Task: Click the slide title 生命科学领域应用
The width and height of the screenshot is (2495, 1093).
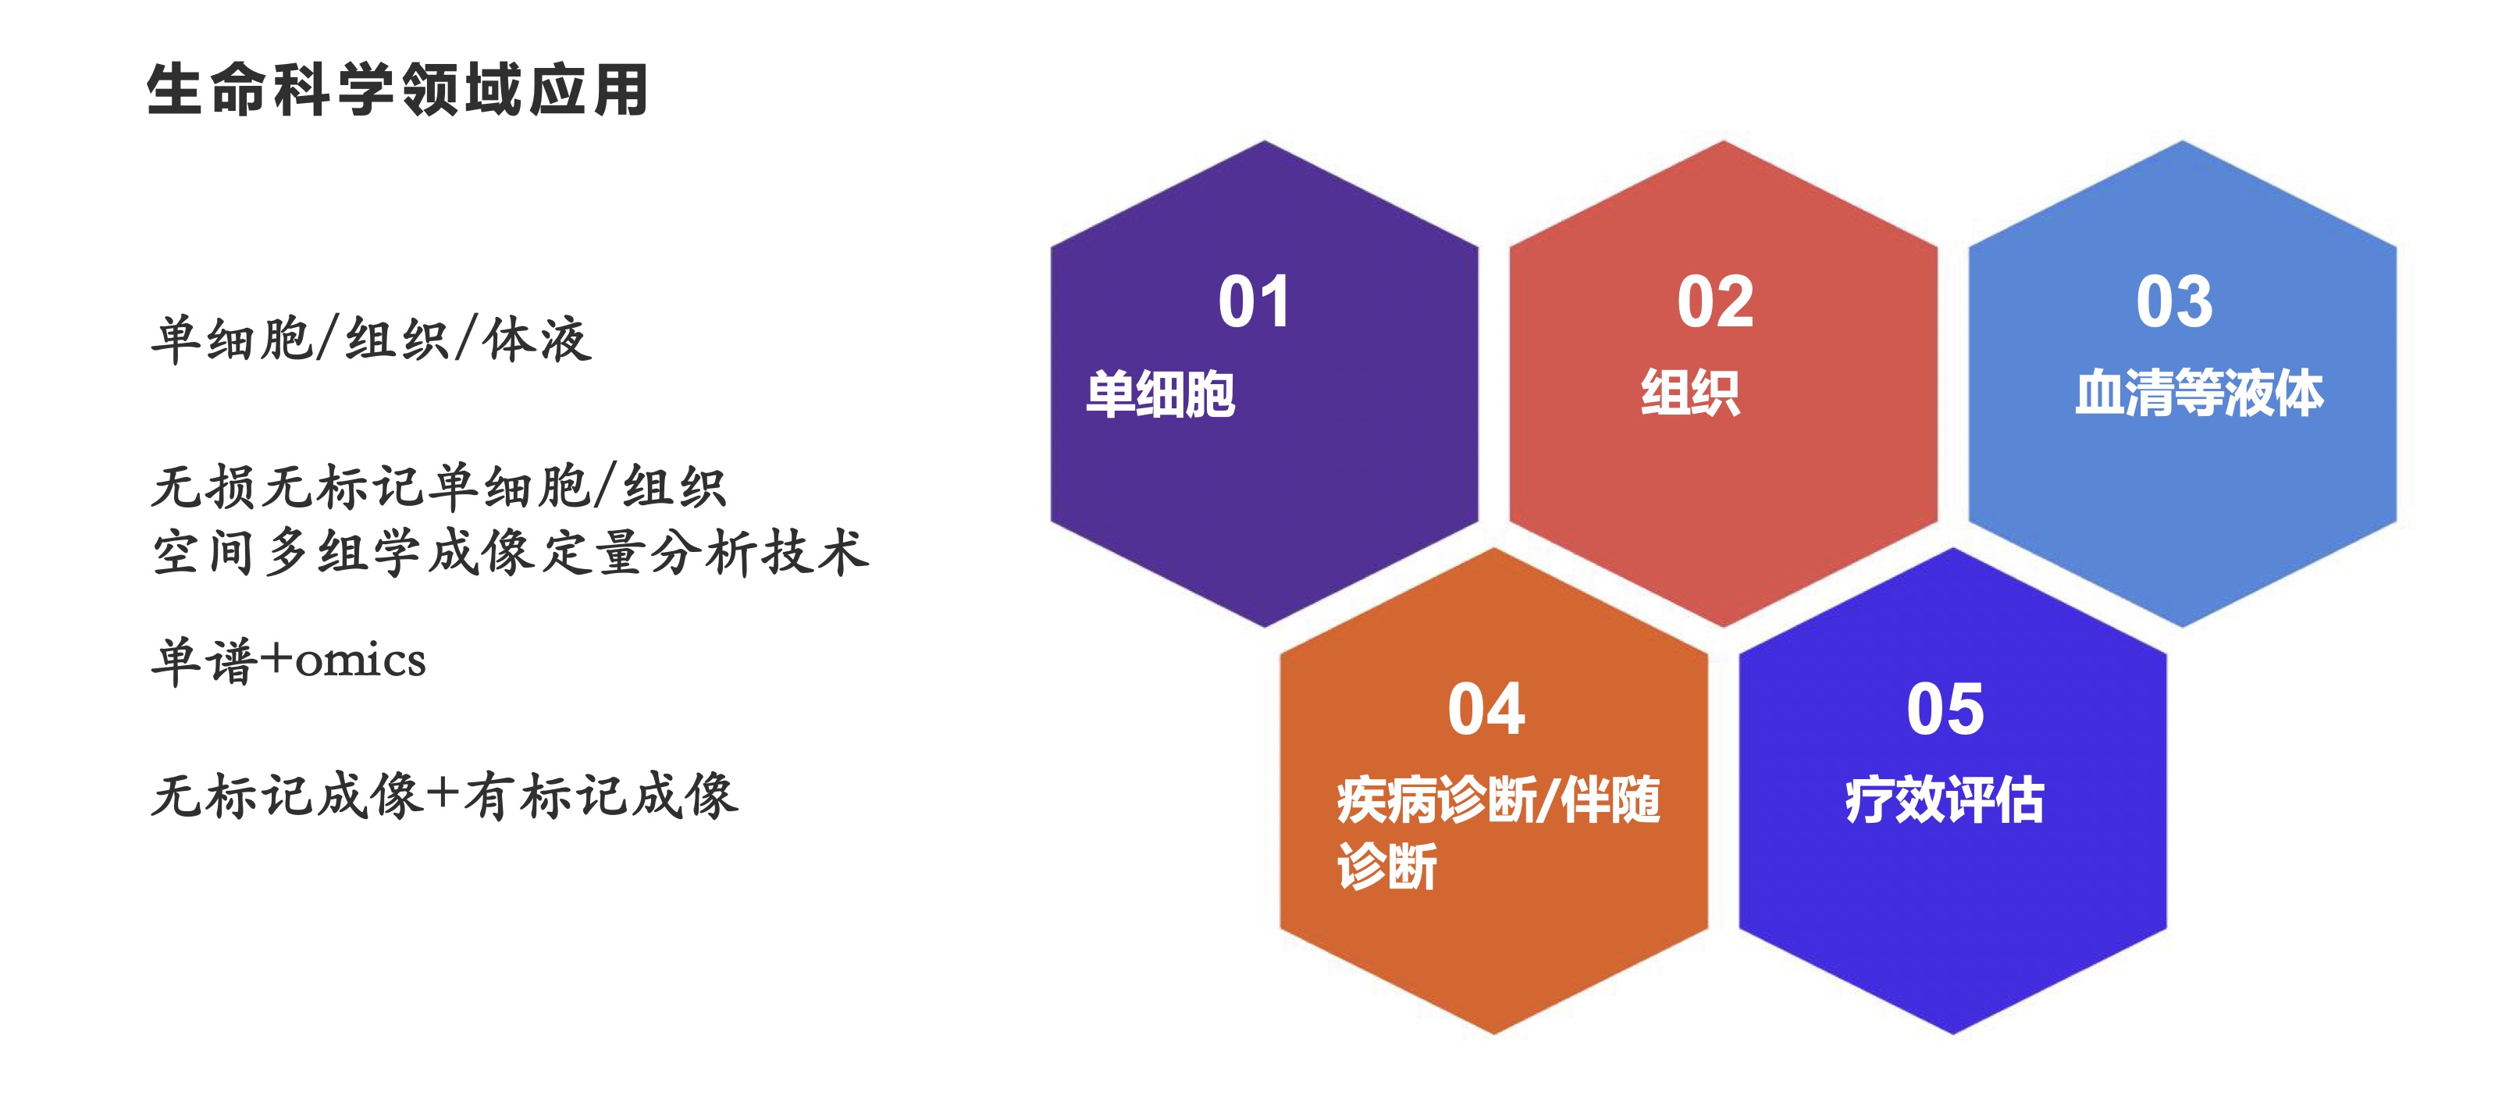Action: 397,90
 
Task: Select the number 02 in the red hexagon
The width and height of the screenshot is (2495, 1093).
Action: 1714,301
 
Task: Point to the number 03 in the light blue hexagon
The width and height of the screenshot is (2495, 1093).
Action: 2174,301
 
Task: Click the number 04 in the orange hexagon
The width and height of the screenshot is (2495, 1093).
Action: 1486,710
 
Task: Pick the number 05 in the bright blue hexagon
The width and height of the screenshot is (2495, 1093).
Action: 1945,710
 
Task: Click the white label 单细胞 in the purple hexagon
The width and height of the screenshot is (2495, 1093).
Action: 1160,393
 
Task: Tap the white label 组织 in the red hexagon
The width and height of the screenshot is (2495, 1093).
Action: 1690,393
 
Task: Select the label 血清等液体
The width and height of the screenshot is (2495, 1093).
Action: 2198,393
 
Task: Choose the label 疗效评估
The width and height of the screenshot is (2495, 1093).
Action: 1945,800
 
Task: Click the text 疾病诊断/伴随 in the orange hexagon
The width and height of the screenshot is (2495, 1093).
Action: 1498,800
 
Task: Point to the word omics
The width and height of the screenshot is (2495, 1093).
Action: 361,662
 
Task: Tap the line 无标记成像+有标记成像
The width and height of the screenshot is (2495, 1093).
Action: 444,796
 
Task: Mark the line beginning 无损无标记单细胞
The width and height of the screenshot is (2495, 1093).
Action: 439,486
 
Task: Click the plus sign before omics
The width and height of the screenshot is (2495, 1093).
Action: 277,659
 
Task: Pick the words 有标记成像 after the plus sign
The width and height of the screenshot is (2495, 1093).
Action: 600,796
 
